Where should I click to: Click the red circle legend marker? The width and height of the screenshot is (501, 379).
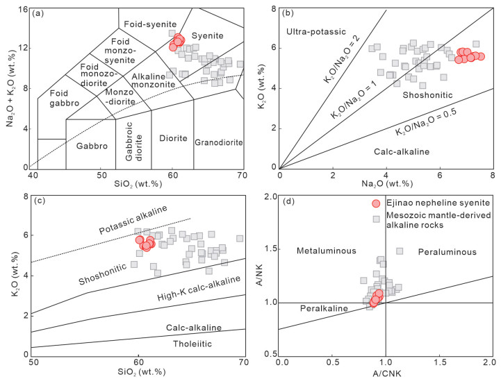[376, 203]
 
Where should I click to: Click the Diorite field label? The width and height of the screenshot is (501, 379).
[172, 138]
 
